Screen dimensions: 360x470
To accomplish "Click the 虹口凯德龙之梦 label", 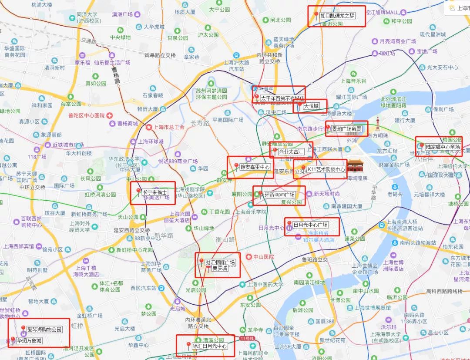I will (x=337, y=16).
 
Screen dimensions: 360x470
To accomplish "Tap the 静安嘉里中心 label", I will (x=255, y=167).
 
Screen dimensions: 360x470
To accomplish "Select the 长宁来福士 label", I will (x=154, y=192).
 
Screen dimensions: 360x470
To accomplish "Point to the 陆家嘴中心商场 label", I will (x=443, y=147).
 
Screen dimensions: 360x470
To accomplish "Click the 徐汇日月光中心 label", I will (x=210, y=347).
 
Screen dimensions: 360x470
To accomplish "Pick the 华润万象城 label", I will (x=29, y=341).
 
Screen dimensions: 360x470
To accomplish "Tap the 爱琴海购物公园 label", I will (x=44, y=329).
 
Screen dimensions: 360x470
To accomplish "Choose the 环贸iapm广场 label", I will (x=279, y=195).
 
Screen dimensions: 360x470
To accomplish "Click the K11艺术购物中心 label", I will (x=326, y=169).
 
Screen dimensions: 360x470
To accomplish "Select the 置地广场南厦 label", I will (x=346, y=128).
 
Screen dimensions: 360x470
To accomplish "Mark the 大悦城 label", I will (x=311, y=106).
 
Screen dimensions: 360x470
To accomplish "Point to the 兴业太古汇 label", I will (x=291, y=152).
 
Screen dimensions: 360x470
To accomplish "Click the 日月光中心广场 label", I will (x=310, y=225).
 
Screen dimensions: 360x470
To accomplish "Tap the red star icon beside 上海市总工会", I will (x=149, y=128).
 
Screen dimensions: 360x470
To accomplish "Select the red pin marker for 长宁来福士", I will (x=138, y=192).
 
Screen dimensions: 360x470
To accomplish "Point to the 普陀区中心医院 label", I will (x=87, y=115).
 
